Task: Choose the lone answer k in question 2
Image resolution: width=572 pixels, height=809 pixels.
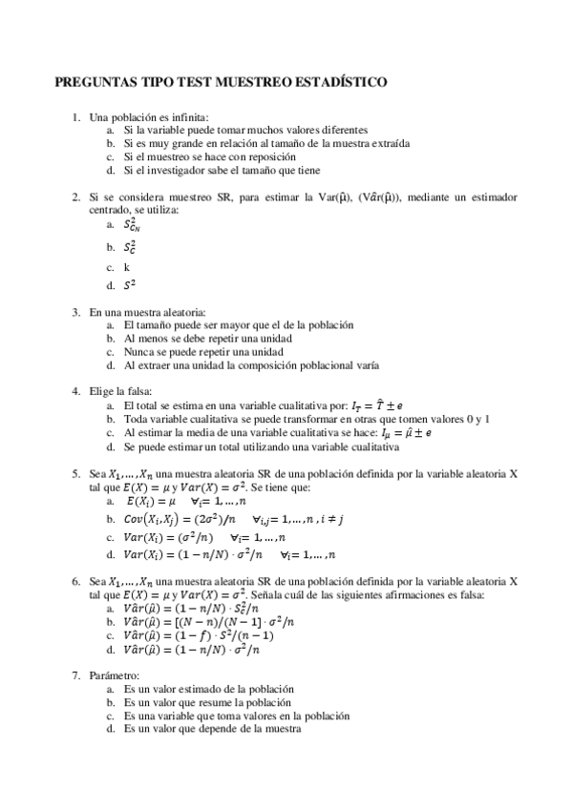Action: click(126, 267)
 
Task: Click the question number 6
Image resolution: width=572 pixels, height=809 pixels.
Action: click(76, 580)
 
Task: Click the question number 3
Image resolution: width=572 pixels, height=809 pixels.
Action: click(76, 311)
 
